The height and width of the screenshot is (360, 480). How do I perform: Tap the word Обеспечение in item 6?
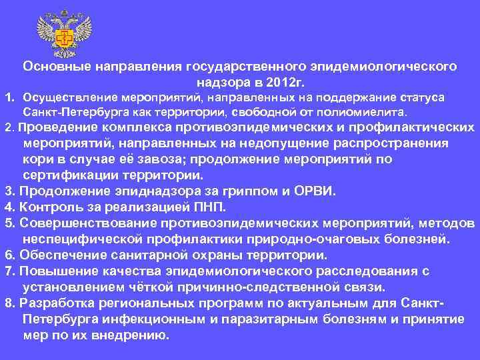(60, 255)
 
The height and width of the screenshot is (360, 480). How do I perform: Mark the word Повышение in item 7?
(57, 271)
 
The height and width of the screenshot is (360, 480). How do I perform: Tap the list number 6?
(9, 255)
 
